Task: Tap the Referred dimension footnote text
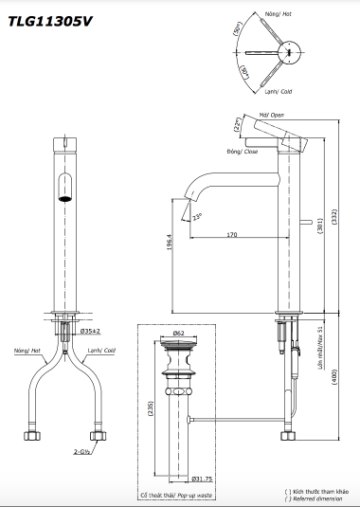coord(318,499)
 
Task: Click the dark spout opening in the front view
coord(64,188)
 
